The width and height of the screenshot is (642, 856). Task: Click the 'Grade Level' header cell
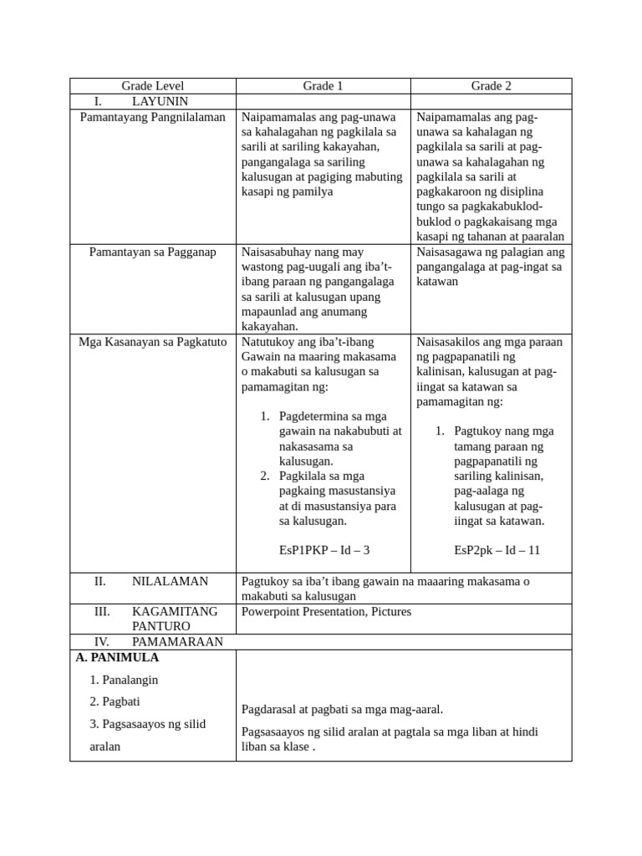point(152,86)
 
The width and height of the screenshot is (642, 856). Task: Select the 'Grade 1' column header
point(323,86)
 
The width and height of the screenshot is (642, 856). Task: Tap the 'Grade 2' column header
point(491,86)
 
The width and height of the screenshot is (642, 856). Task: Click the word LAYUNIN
point(160,101)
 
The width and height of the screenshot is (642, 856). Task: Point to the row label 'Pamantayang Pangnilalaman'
point(152,117)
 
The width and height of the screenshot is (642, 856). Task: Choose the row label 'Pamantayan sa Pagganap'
point(152,252)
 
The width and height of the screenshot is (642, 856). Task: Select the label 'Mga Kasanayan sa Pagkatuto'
point(152,342)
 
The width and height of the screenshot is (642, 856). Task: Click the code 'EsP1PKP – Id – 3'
point(324,550)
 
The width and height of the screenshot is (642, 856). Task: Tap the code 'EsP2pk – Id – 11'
point(497,550)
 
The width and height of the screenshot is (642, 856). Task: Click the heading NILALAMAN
point(170,581)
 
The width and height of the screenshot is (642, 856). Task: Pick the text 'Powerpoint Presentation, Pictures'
point(326,612)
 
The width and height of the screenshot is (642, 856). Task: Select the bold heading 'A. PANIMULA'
point(117,658)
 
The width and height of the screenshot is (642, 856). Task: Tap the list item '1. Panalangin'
point(124,680)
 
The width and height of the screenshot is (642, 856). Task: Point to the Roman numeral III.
point(102,612)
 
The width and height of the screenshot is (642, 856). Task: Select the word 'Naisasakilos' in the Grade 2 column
point(452,342)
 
